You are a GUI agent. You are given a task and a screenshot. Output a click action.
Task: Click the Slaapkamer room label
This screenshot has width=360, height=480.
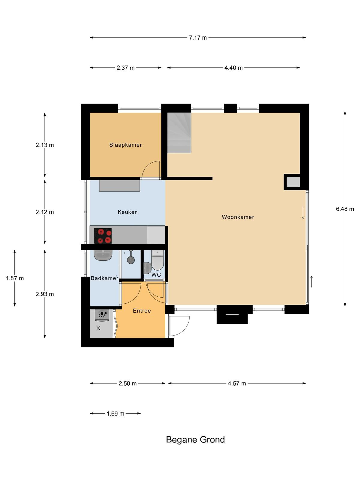(x=125, y=145)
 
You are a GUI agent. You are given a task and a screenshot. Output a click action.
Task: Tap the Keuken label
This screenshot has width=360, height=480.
(x=128, y=212)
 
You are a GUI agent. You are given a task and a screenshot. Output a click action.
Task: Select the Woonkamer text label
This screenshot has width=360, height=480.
(x=238, y=217)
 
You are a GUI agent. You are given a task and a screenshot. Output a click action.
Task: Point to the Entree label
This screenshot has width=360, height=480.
(x=142, y=311)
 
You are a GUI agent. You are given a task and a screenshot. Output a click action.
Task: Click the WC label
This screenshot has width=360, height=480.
(x=156, y=275)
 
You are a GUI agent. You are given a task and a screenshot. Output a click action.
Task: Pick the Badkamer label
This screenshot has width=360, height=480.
(x=104, y=278)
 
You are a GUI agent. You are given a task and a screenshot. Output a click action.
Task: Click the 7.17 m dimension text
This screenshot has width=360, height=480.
(x=198, y=38)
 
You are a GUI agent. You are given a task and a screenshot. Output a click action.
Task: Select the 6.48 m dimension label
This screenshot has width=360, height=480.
(x=345, y=209)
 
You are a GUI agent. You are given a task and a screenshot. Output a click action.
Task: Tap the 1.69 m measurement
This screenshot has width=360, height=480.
(x=115, y=414)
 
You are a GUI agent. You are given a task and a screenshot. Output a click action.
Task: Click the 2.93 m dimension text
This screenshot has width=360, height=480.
(x=45, y=294)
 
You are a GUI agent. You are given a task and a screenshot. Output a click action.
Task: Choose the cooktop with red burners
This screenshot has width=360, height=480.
(x=103, y=236)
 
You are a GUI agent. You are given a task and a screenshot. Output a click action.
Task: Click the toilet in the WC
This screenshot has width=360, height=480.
(x=157, y=260)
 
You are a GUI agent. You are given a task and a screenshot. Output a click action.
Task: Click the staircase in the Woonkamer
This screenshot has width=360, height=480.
(x=179, y=133)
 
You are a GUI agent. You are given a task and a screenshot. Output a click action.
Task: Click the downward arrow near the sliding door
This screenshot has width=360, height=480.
(x=303, y=213)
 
